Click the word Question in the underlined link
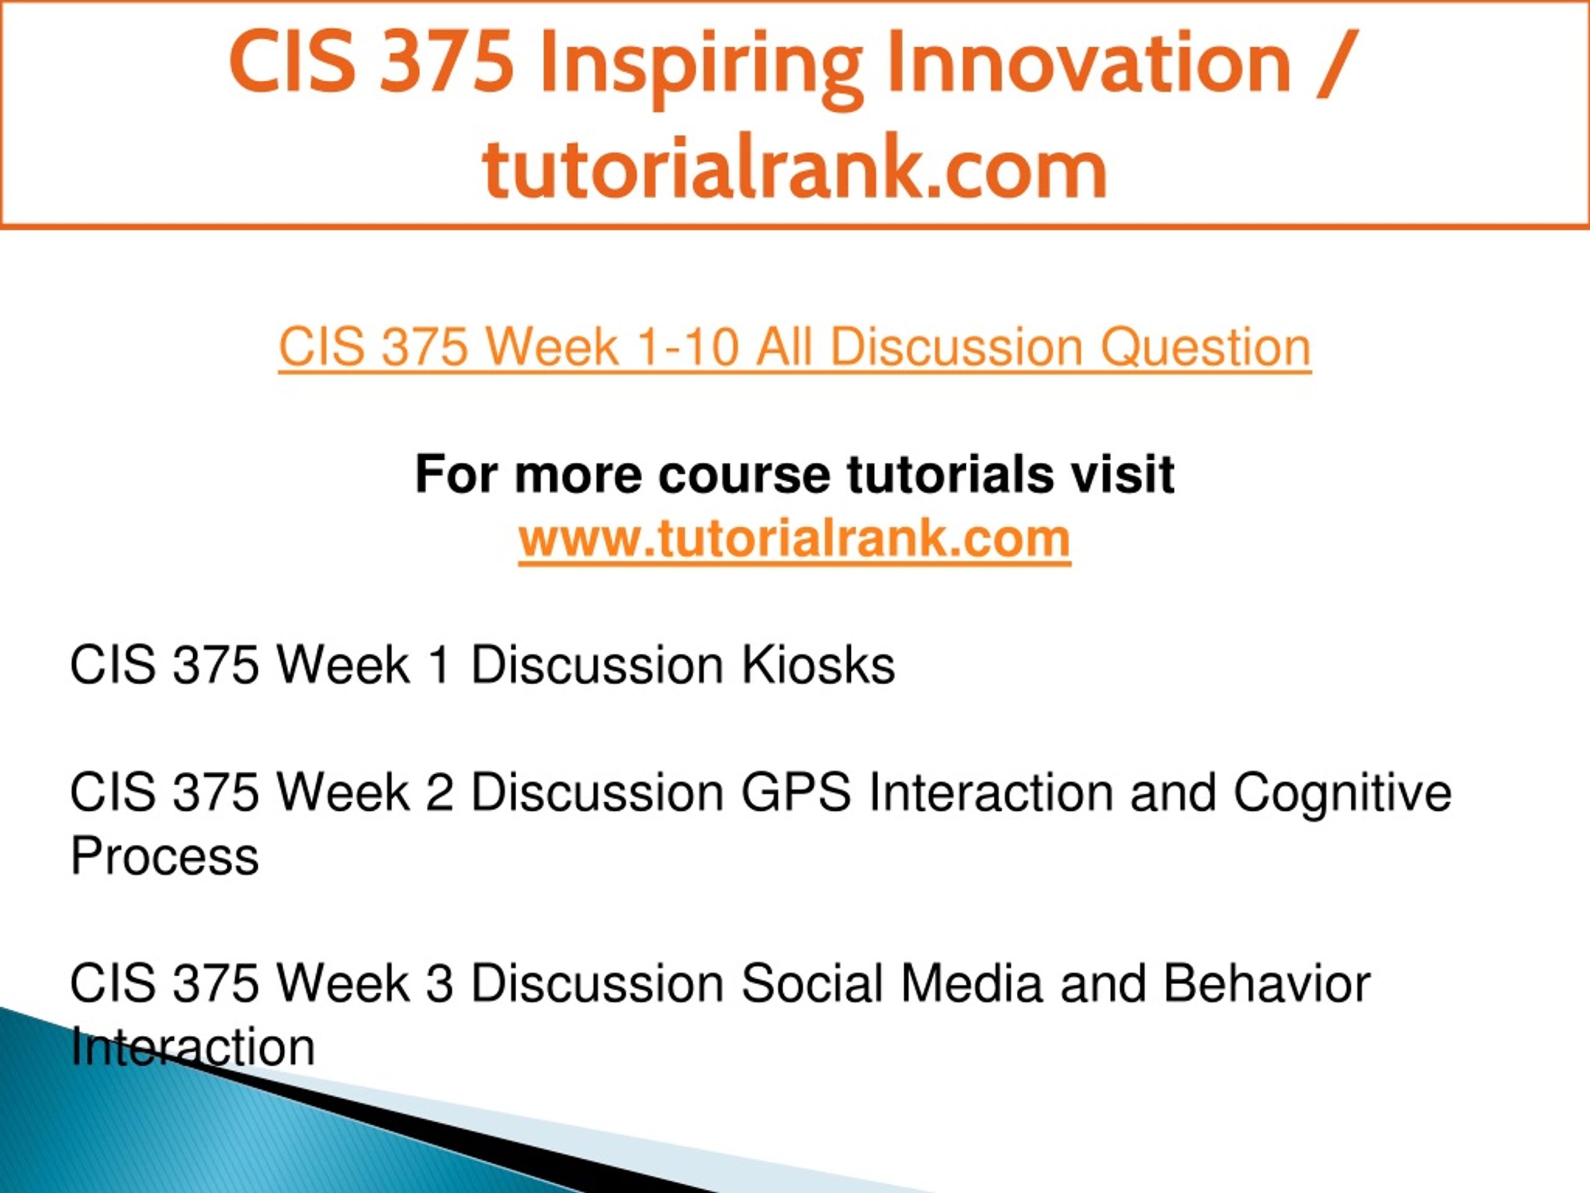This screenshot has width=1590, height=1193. (x=1206, y=347)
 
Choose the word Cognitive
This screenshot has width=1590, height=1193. (x=1343, y=793)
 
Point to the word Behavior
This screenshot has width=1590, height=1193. (x=1266, y=984)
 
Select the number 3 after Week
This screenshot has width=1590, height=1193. (x=439, y=984)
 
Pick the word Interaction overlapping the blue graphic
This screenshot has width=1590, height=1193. (x=193, y=1048)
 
